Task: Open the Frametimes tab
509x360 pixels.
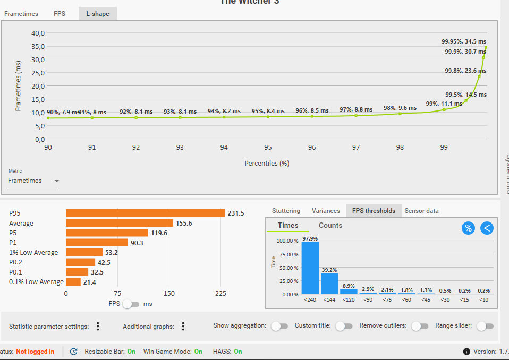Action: click(x=21, y=14)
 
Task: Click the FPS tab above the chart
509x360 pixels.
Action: click(x=60, y=14)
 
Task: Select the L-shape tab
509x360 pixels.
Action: click(x=98, y=14)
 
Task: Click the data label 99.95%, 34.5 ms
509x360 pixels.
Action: click(x=463, y=41)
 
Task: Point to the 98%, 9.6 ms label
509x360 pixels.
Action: click(x=400, y=108)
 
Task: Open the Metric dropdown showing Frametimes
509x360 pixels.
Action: click(x=33, y=181)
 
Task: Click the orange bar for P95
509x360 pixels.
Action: click(x=146, y=213)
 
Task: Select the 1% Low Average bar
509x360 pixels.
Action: click(x=84, y=253)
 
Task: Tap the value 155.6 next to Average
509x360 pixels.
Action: click(x=184, y=224)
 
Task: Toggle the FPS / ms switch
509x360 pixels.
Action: click(x=131, y=304)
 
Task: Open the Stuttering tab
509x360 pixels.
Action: click(x=286, y=211)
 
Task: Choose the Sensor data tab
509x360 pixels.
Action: click(x=421, y=211)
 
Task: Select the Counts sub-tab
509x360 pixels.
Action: click(x=330, y=226)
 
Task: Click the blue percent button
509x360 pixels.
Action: click(x=468, y=228)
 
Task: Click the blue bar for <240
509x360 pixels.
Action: click(x=310, y=268)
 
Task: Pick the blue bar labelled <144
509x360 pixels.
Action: click(x=329, y=283)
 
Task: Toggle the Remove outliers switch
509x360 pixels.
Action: click(x=420, y=326)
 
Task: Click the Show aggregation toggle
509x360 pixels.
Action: click(x=279, y=326)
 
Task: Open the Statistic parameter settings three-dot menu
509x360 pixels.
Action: click(x=98, y=327)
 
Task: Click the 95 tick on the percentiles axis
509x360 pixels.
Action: click(x=268, y=148)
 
